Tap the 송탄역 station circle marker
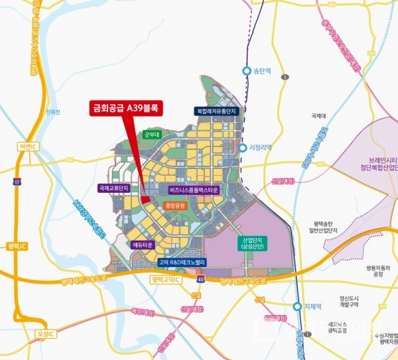click(x=247, y=71)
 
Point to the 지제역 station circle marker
click(x=297, y=306)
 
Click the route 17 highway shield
click(x=18, y=180)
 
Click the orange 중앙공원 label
click(x=174, y=206)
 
